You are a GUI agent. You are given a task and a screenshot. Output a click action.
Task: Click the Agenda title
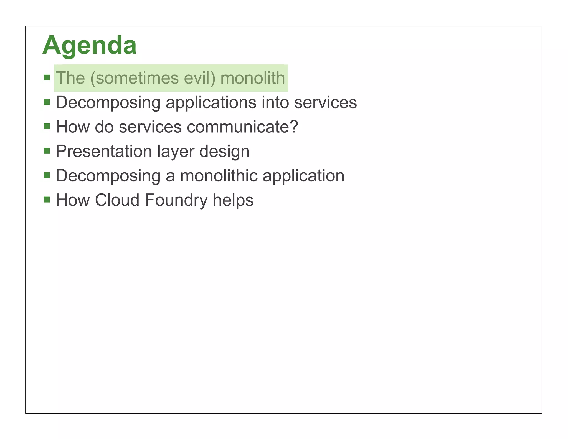click(89, 45)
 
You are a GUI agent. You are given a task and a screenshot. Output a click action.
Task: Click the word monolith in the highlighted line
click(252, 78)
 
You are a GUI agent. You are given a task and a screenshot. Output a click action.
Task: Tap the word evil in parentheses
click(198, 78)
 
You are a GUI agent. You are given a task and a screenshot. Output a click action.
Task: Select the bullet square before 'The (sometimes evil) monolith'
click(47, 77)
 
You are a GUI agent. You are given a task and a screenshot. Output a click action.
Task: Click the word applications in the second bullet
click(211, 103)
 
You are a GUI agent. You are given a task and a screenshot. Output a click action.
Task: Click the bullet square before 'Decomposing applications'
click(47, 102)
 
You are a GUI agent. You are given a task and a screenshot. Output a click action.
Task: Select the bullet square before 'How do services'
click(47, 127)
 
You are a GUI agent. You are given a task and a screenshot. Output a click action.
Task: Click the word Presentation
click(104, 152)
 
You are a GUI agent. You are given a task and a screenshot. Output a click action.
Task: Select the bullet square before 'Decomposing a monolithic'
click(47, 175)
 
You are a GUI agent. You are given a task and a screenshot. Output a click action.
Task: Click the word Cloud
click(117, 200)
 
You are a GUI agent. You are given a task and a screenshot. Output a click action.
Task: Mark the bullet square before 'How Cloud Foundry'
click(47, 200)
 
